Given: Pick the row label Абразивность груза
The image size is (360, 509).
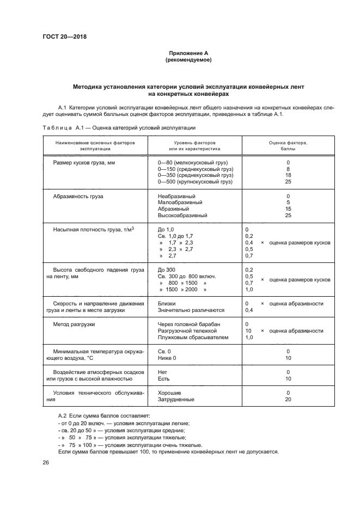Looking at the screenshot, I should tap(78, 196).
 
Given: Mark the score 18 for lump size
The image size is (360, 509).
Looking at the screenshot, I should tap(288, 175).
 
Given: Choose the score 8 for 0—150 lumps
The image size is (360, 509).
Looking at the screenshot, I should tap(288, 169).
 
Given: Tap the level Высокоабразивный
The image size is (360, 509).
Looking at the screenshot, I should tap(182, 216).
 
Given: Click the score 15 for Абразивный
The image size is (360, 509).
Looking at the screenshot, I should tap(288, 209).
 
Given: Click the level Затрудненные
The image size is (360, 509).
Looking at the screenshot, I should tap(176, 400).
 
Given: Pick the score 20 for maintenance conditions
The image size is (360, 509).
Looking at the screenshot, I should tap(288, 400).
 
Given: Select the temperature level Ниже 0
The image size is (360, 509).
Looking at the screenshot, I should tap(167, 358).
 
